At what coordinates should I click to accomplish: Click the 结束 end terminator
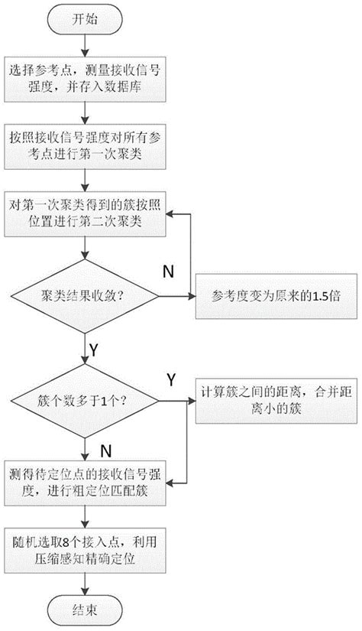coord(86,609)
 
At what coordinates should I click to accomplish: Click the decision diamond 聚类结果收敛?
coord(86,294)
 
